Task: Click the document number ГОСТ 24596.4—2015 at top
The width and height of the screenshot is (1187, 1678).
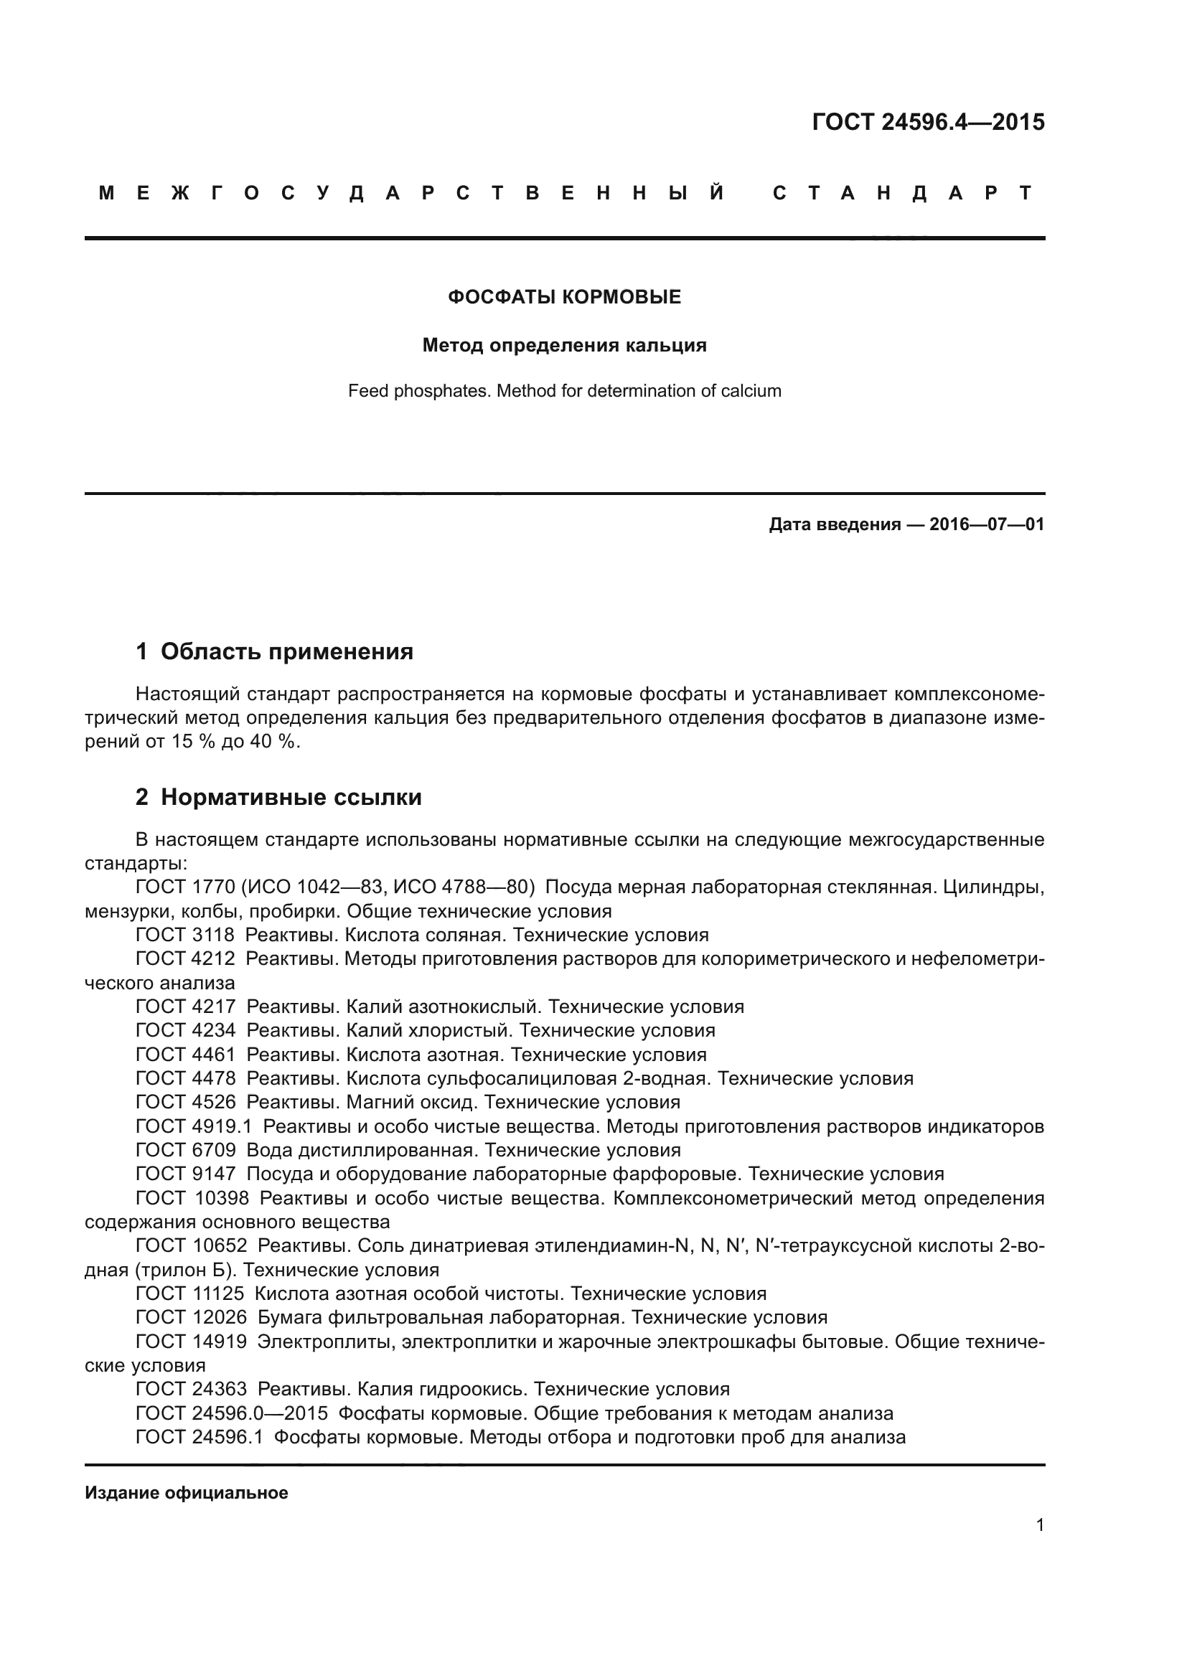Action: pyautogui.click(x=927, y=122)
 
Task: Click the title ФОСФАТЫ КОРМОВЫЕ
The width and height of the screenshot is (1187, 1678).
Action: pyautogui.click(x=564, y=297)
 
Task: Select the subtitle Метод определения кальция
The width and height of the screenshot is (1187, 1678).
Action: pyautogui.click(x=564, y=345)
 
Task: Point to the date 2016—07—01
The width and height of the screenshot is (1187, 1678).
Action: pyautogui.click(x=986, y=524)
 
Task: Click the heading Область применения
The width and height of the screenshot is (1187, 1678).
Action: pyautogui.click(x=286, y=651)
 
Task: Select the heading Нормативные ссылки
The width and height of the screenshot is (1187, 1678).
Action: pyautogui.click(x=291, y=796)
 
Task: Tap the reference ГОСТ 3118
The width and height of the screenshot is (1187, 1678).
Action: pyautogui.click(x=185, y=935)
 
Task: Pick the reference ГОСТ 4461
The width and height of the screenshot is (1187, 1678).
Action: pyautogui.click(x=185, y=1055)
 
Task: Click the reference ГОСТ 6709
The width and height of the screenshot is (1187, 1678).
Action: pyautogui.click(x=185, y=1150)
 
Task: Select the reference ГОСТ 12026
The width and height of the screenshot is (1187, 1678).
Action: pyautogui.click(x=191, y=1317)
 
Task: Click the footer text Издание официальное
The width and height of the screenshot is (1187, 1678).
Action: pyautogui.click(x=187, y=1492)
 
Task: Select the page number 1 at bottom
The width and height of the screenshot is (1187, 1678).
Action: pyautogui.click(x=1039, y=1524)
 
